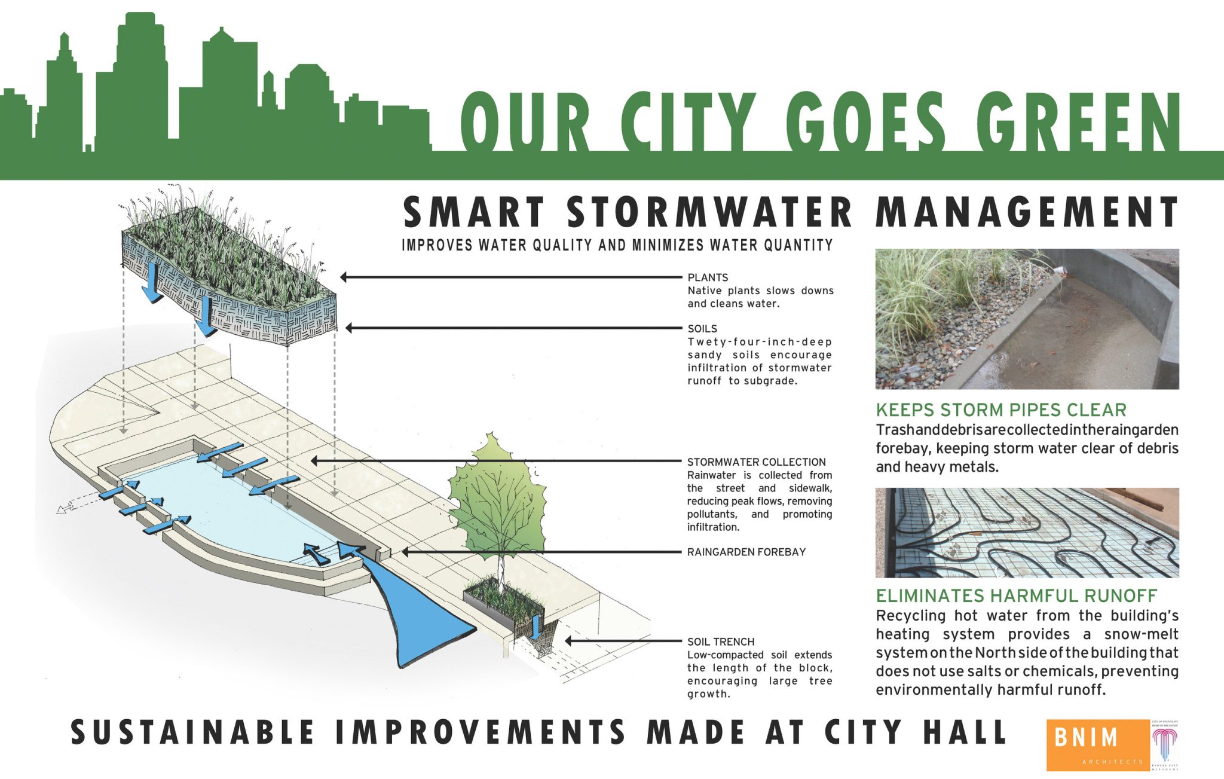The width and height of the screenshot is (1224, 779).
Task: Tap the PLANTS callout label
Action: pos(708,277)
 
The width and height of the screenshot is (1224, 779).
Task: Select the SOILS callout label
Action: pos(702,329)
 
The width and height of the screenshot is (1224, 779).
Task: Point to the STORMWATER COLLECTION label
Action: pos(756,462)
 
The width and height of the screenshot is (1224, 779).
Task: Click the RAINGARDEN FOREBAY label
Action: pos(746,552)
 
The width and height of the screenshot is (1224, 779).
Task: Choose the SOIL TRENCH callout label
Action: pos(721,642)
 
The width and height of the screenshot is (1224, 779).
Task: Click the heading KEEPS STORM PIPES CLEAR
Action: pos(1001,410)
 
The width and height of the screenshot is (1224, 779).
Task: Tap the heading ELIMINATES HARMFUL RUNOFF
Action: pos(1016,596)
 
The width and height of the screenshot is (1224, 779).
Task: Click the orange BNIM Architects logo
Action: pos(1097,744)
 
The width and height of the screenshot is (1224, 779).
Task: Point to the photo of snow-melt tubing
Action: pos(1027,533)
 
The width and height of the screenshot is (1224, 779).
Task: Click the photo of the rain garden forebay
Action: pos(1027,319)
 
